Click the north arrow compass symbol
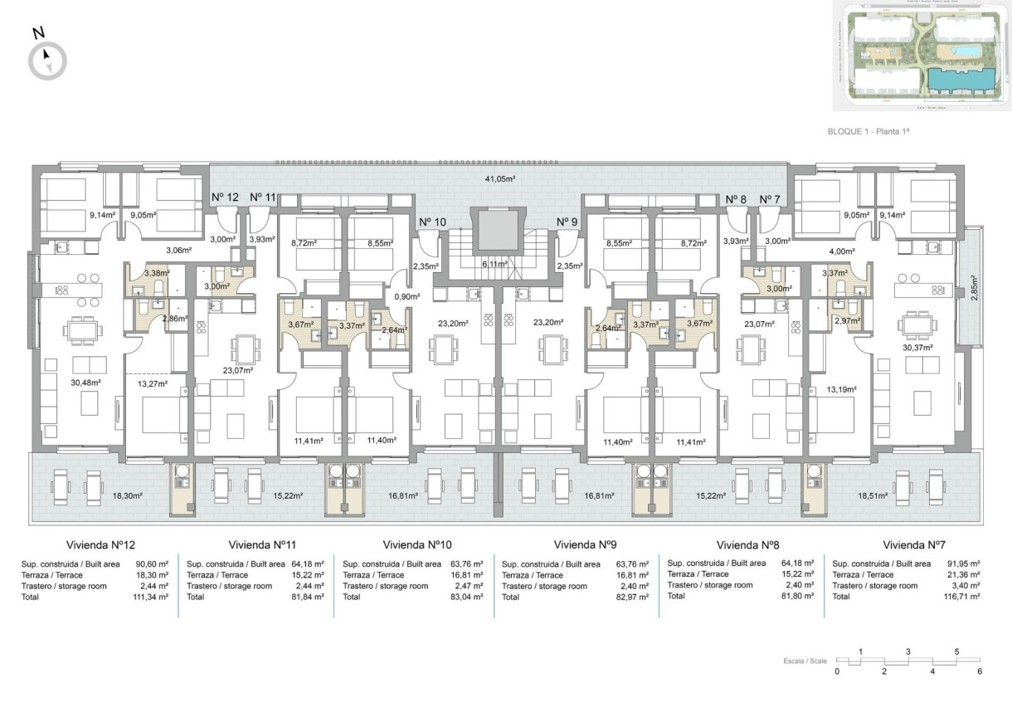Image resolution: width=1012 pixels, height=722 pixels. (x=47, y=61)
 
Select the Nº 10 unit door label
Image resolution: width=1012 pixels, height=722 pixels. (x=432, y=222)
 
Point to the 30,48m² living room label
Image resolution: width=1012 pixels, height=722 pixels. (x=86, y=383)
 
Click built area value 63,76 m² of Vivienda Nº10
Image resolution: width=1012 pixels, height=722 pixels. (x=467, y=564)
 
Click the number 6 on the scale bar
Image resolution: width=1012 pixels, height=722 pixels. (x=980, y=671)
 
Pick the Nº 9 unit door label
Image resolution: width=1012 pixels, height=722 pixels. (x=567, y=222)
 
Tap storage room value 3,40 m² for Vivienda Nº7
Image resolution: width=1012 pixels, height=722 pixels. (x=965, y=586)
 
